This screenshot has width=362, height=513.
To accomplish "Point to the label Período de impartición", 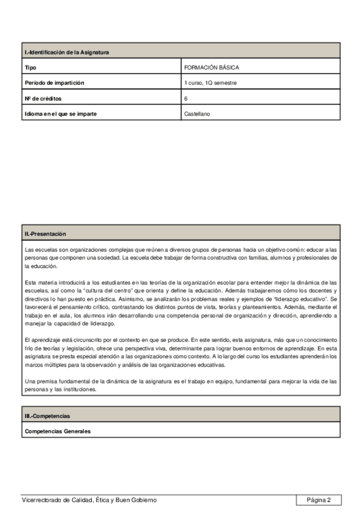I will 54,83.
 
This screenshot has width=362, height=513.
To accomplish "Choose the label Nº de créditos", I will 43,98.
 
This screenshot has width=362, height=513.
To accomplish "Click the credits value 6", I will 186,98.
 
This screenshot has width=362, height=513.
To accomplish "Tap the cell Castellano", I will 197,113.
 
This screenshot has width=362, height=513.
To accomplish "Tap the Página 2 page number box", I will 318,500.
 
